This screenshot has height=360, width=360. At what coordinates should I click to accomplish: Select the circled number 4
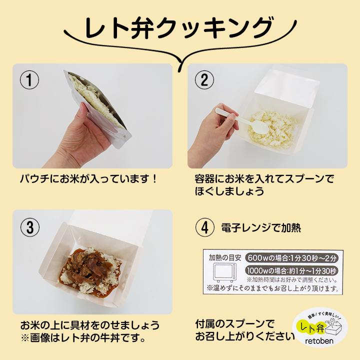204,227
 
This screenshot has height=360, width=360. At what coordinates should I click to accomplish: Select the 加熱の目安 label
225,257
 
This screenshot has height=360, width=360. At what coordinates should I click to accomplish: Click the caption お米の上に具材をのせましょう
90,323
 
